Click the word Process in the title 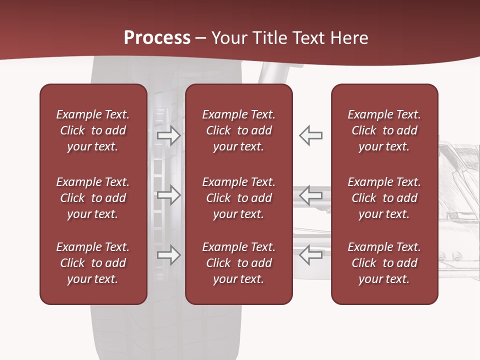click(x=157, y=38)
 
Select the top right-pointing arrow click(x=169, y=135)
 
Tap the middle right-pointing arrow click(x=169, y=195)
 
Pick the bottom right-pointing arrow click(x=169, y=255)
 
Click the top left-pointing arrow click(x=311, y=135)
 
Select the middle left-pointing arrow click(x=311, y=195)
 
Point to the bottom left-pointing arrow click(x=311, y=255)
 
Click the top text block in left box click(x=93, y=130)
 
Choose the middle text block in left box click(x=93, y=198)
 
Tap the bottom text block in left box click(x=93, y=263)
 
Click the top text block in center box click(x=239, y=130)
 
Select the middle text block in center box click(x=239, y=198)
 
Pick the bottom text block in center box click(x=239, y=263)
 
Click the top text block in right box click(x=384, y=130)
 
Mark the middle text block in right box click(x=384, y=198)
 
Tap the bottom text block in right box click(x=384, y=263)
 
